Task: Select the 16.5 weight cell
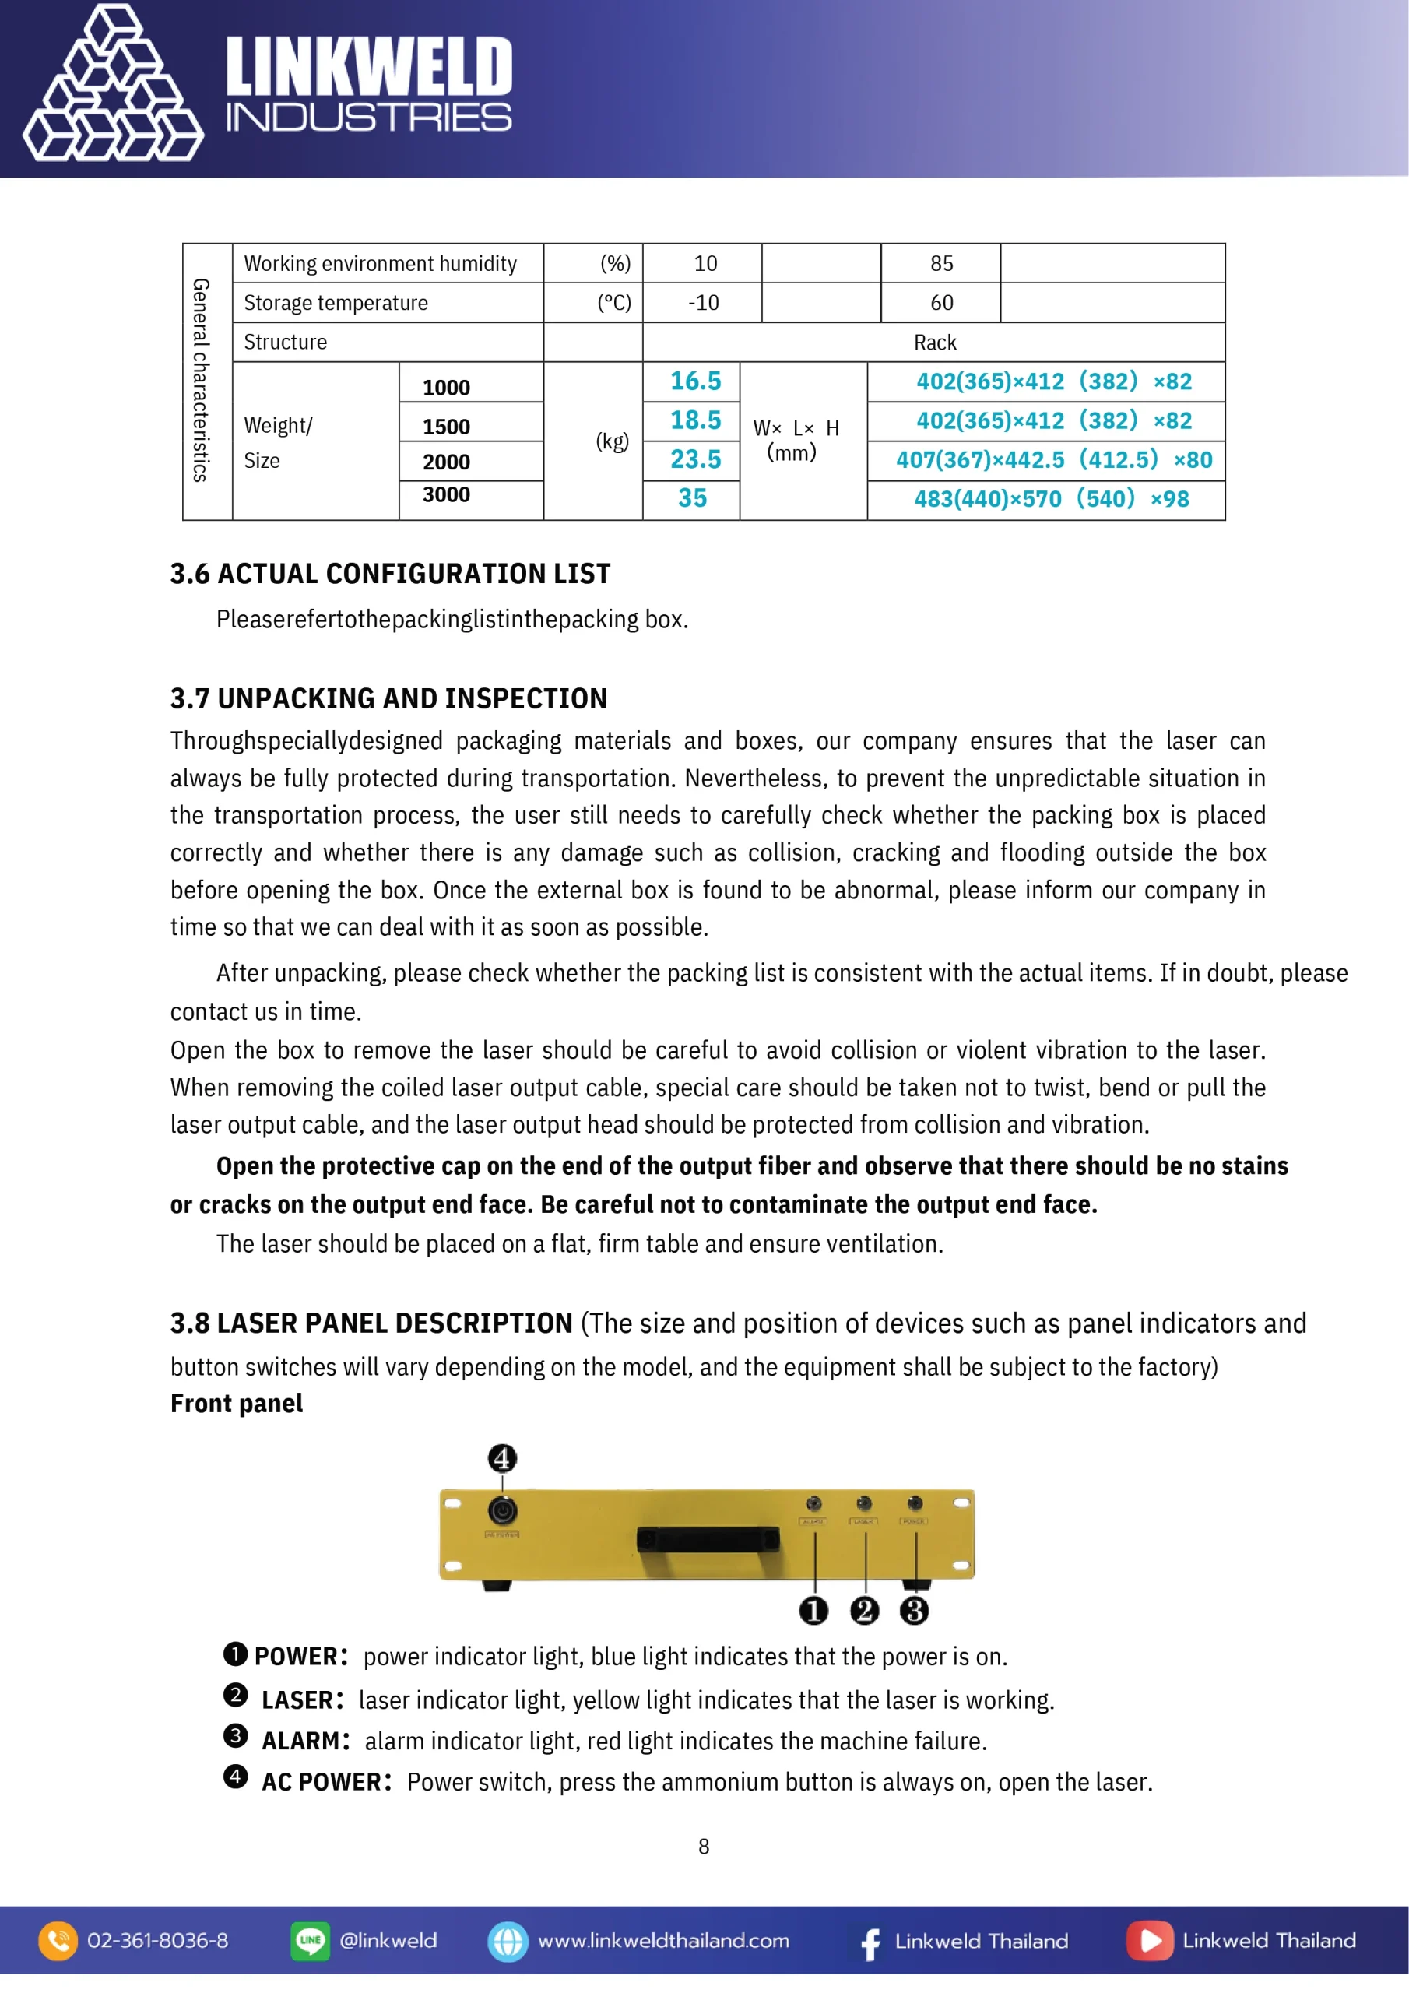694,381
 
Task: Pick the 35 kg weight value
692,498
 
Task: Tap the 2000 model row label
446,462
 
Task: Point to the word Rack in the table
934,343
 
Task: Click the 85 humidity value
941,264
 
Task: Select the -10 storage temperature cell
702,303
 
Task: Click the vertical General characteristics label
202,380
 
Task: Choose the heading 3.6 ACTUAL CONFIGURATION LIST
390,574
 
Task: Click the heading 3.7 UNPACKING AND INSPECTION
388,699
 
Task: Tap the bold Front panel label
236,1404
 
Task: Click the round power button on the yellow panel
502,1511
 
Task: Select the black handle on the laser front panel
708,1539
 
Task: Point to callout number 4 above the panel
502,1458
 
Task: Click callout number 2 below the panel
864,1611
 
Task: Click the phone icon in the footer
58,1941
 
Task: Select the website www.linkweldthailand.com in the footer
663,1941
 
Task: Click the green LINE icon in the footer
310,1941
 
